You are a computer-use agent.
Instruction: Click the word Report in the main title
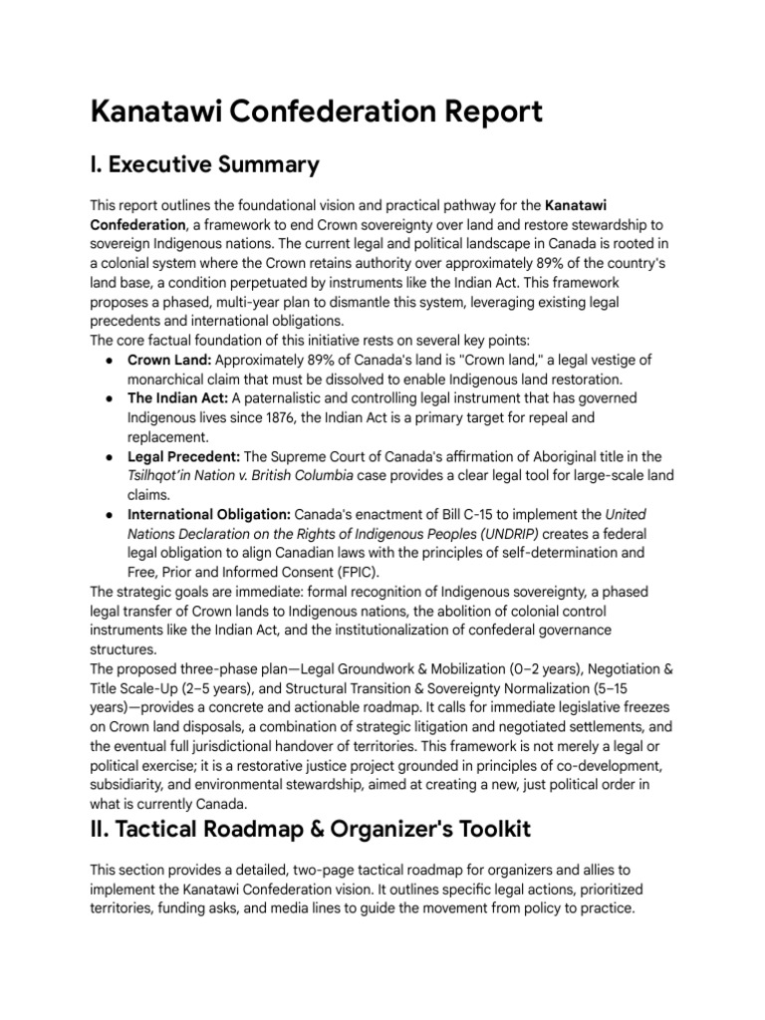click(x=482, y=112)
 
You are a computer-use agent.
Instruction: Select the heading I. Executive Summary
click(x=205, y=163)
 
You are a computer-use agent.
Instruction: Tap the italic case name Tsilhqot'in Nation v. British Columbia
click(x=240, y=476)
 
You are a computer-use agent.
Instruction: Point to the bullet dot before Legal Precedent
click(x=107, y=457)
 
